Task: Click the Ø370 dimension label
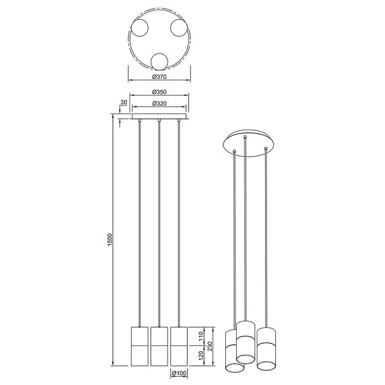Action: (x=159, y=76)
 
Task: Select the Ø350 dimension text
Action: (x=159, y=92)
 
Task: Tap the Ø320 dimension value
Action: (x=159, y=103)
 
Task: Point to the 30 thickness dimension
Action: (x=124, y=103)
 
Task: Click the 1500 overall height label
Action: (x=110, y=239)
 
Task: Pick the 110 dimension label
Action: (x=201, y=336)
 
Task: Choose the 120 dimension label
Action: (x=201, y=355)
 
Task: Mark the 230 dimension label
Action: (x=209, y=346)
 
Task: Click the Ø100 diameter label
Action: (x=179, y=373)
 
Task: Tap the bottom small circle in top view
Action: (x=159, y=62)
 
